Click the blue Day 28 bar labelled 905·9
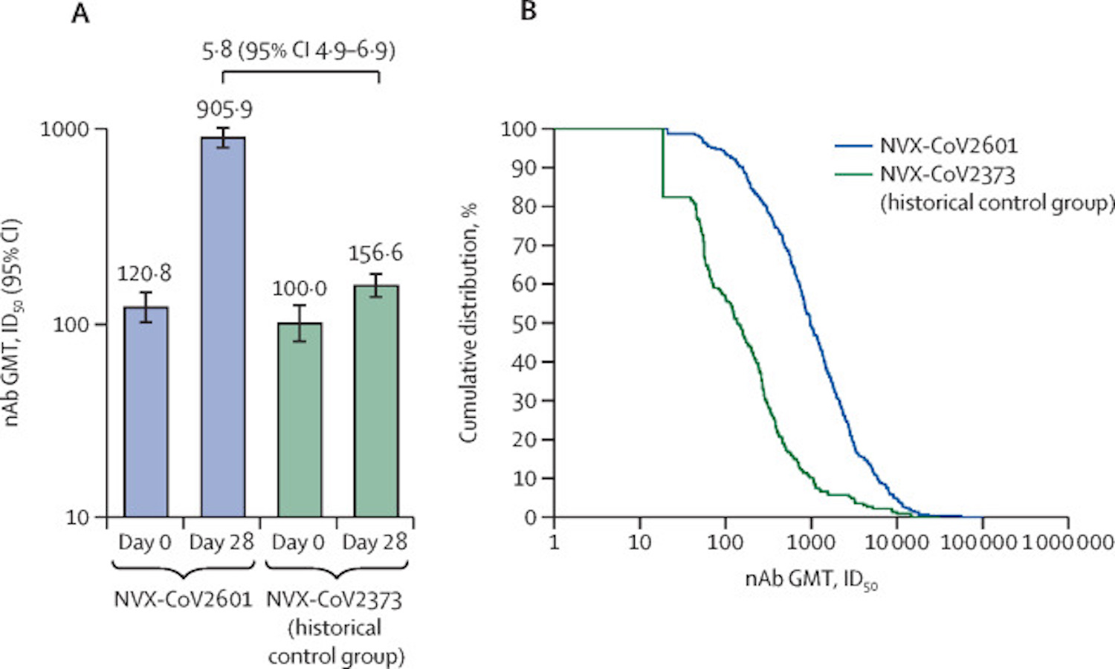click(223, 327)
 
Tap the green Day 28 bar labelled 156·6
click(376, 401)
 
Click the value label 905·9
click(224, 110)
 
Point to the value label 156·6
click(376, 253)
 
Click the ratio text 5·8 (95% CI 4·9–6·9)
click(299, 51)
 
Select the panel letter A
click(80, 13)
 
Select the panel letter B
click(529, 11)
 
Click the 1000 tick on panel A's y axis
click(64, 129)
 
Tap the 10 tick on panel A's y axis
click(77, 517)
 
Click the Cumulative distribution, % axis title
click(468, 323)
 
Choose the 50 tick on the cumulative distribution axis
click(527, 323)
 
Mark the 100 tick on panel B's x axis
click(725, 542)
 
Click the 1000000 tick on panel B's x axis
click(1068, 542)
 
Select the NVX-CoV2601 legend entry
click(948, 146)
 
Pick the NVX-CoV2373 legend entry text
click(948, 175)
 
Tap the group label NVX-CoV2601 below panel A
click(184, 599)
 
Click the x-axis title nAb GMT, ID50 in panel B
click(811, 579)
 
